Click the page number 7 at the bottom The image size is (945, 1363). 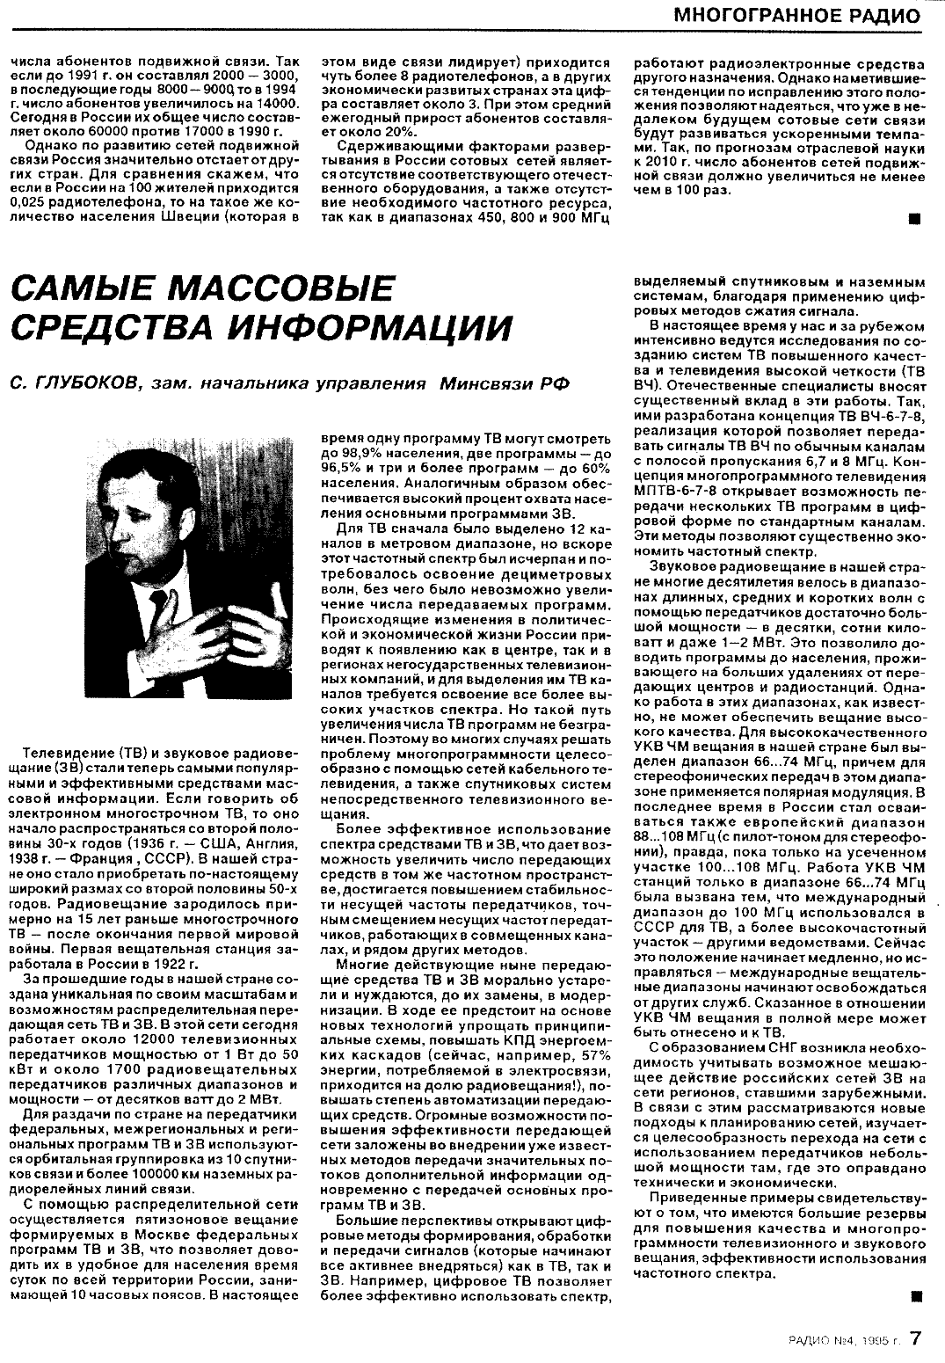click(x=916, y=1337)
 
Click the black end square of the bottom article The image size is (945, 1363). click(x=915, y=1294)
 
